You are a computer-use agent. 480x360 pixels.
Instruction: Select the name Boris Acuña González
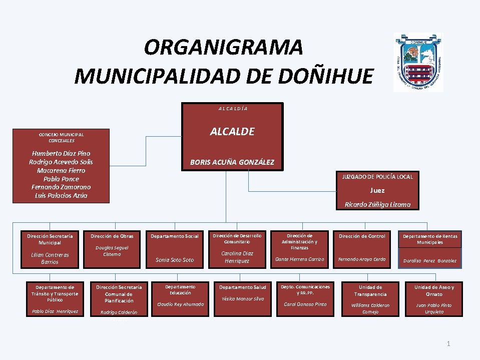tap(232, 162)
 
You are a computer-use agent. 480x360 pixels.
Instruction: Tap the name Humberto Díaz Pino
tap(61, 153)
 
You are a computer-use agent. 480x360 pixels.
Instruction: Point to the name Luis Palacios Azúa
tap(61, 195)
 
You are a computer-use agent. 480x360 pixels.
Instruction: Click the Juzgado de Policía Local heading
tap(377, 177)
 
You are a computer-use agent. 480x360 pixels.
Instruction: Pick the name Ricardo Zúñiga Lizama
tap(377, 204)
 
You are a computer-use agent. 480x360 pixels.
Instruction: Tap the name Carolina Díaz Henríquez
tap(237, 257)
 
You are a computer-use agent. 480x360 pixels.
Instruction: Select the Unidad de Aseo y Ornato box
tap(434, 299)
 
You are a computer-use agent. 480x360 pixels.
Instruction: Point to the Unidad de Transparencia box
tap(370, 299)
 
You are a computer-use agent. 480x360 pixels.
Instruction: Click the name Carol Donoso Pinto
tap(305, 304)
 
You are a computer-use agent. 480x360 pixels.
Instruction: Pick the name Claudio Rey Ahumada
tap(180, 304)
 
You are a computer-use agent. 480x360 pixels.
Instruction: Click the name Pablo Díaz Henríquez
tap(55, 311)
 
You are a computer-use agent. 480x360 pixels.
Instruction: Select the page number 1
tap(448, 343)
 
